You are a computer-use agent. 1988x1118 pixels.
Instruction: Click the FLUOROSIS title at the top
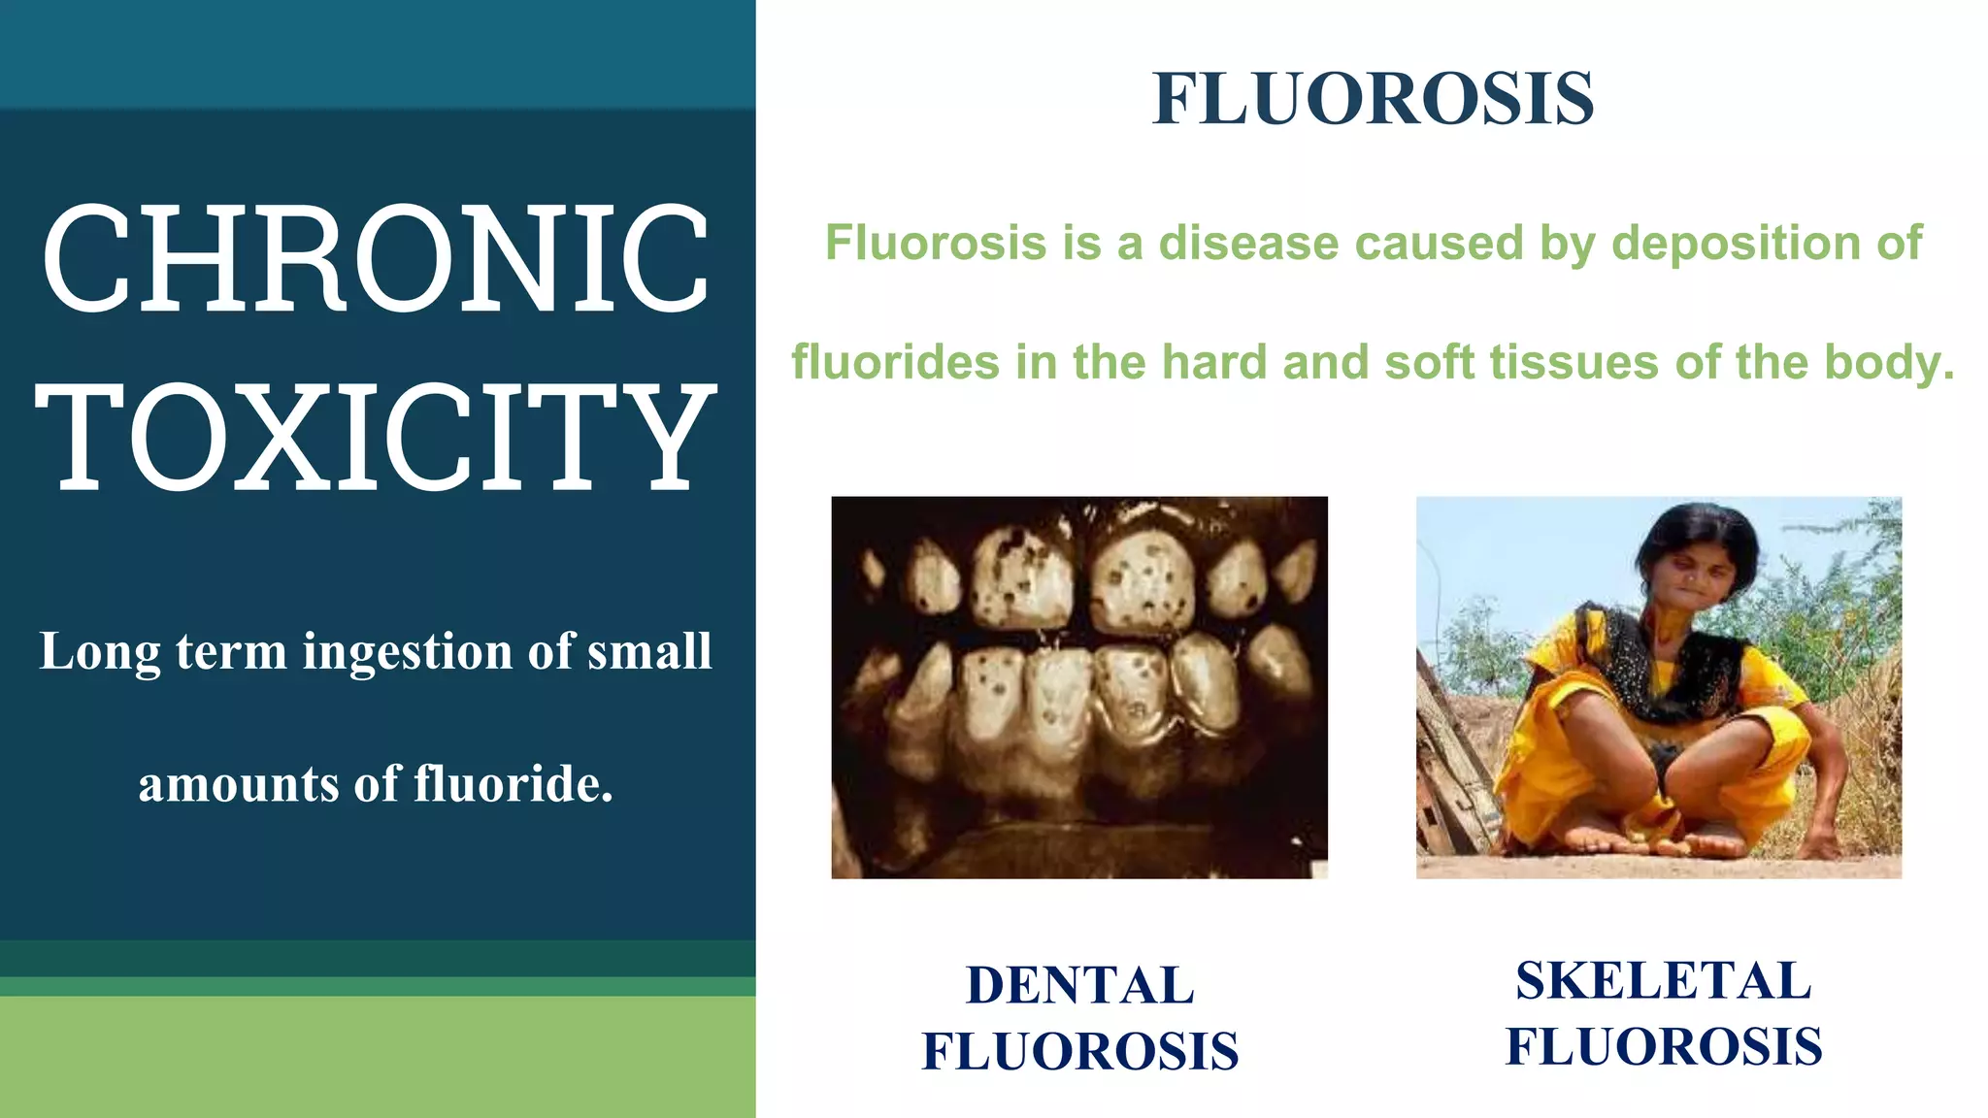pyautogui.click(x=1373, y=99)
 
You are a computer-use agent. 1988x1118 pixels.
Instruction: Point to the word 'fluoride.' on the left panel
pyautogui.click(x=514, y=784)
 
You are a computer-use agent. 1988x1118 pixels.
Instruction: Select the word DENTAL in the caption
pyautogui.click(x=1080, y=985)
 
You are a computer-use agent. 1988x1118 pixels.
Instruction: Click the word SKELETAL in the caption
pyautogui.click(x=1664, y=980)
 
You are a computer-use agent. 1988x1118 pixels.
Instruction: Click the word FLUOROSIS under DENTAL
pyautogui.click(x=1080, y=1051)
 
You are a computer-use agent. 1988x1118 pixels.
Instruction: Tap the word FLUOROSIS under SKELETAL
pyautogui.click(x=1664, y=1046)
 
